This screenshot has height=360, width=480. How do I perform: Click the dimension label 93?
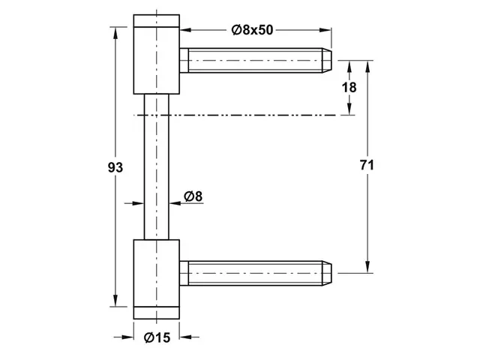[115, 167]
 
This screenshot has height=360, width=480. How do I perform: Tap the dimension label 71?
[367, 165]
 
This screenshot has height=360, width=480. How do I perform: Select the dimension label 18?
[349, 88]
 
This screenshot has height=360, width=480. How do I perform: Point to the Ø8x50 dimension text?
[252, 30]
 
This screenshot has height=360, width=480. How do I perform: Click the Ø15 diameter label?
[157, 337]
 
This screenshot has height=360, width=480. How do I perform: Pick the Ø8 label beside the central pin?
[193, 196]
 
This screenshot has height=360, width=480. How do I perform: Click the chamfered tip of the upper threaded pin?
[327, 60]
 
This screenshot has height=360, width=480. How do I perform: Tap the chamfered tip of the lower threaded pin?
[327, 273]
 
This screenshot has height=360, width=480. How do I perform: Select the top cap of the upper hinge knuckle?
[157, 21]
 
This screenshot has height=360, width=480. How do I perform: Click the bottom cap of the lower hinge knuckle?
[157, 313]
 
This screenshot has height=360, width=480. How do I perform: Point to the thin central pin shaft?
[157, 166]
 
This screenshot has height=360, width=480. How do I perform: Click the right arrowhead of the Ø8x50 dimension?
[325, 30]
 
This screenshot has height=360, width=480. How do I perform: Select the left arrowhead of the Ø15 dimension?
[127, 337]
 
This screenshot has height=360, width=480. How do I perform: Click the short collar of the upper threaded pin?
[184, 60]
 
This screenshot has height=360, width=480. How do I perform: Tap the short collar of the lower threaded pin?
[184, 273]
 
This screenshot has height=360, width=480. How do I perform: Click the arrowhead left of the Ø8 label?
[138, 202]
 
